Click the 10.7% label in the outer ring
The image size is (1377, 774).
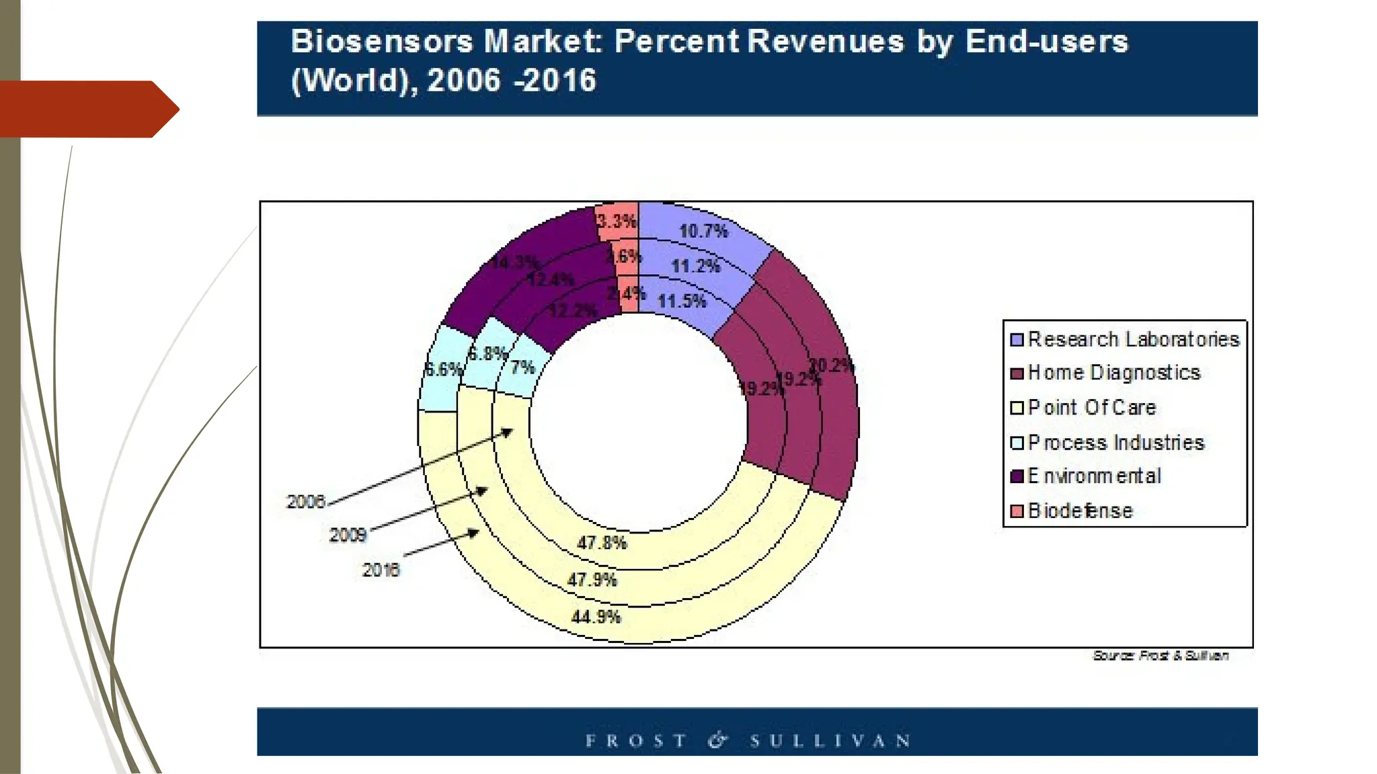tap(703, 232)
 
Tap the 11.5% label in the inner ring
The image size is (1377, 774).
tap(682, 301)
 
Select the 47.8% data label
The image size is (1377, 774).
tap(602, 543)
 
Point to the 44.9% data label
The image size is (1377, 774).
tap(596, 617)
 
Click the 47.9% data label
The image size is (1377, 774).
tap(592, 580)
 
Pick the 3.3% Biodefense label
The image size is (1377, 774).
tap(617, 221)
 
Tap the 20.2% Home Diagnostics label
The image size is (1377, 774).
tap(831, 366)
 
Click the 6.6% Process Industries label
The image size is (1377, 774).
tap(444, 370)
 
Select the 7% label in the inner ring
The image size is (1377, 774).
tap(522, 368)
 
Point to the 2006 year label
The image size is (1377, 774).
tap(306, 502)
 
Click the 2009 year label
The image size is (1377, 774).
tap(348, 535)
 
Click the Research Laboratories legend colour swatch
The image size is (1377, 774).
tap(1017, 339)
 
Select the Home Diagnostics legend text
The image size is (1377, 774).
tap(1114, 373)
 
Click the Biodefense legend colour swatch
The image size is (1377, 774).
tap(1017, 511)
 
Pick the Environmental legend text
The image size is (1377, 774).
tap(1094, 476)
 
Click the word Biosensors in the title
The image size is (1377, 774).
tap(381, 42)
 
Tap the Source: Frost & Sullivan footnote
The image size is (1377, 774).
tap(1160, 656)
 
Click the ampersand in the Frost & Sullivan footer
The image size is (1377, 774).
tap(717, 740)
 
